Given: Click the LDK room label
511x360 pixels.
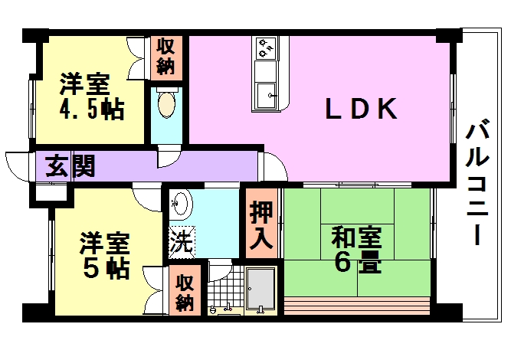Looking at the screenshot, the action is (361, 109).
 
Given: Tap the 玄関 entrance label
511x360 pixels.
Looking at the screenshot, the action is (70, 165).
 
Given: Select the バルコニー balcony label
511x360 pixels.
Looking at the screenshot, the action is (477, 182).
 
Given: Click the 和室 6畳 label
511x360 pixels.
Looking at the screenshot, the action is (356, 250).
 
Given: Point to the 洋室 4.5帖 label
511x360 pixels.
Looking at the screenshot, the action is (92, 97).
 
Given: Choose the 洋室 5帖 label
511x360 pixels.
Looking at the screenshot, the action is (105, 255).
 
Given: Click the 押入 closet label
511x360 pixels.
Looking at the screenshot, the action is (261, 225).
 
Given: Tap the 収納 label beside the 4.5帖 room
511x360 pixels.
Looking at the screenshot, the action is (165, 57).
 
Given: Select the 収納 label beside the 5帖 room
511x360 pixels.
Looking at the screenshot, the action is (185, 293).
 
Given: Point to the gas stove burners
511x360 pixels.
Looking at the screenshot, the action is (266, 48).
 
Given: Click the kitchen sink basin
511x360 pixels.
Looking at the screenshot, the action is (266, 96).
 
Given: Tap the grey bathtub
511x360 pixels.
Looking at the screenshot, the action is (260, 288).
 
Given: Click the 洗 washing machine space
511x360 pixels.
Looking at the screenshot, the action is (182, 242).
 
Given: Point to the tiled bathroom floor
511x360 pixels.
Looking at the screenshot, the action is (226, 286).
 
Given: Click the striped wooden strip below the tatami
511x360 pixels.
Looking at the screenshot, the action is (357, 306).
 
